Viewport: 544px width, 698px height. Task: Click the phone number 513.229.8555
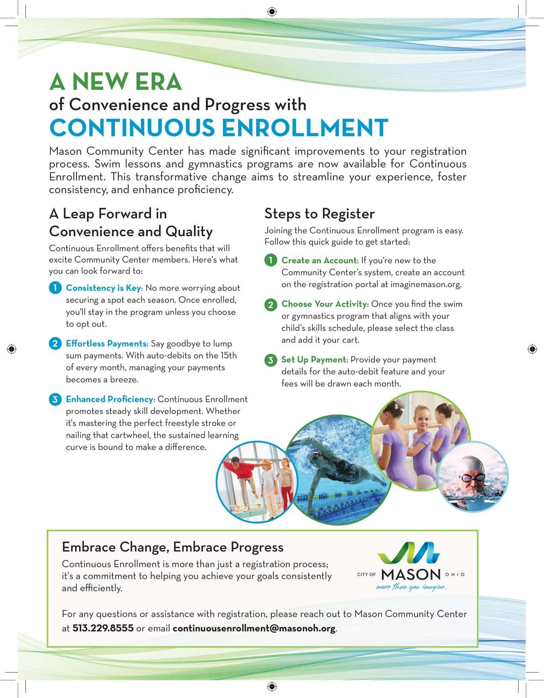pyautogui.click(x=103, y=628)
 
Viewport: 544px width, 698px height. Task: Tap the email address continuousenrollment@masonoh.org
pyautogui.click(x=254, y=628)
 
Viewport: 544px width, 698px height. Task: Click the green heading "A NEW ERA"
pyautogui.click(x=115, y=82)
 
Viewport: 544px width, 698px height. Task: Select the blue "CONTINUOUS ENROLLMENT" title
pyautogui.click(x=219, y=127)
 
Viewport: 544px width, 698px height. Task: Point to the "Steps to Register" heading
pyautogui.click(x=319, y=213)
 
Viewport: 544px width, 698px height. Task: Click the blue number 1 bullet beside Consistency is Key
pyautogui.click(x=55, y=288)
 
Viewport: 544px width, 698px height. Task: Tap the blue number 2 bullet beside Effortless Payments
pyautogui.click(x=55, y=343)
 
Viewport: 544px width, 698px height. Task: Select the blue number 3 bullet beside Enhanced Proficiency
pyautogui.click(x=55, y=399)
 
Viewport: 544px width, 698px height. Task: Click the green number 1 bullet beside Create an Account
pyautogui.click(x=271, y=260)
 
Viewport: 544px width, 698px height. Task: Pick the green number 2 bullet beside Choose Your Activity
pyautogui.click(x=271, y=305)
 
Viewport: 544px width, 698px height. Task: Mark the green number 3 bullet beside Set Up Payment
pyautogui.click(x=271, y=360)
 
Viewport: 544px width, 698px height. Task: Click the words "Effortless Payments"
pyautogui.click(x=106, y=343)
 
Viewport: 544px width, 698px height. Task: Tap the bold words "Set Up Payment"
pyautogui.click(x=313, y=360)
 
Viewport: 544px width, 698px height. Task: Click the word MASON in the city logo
pyautogui.click(x=411, y=574)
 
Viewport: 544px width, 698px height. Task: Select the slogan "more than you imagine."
pyautogui.click(x=411, y=587)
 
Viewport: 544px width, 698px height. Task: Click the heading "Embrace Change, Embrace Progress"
pyautogui.click(x=173, y=547)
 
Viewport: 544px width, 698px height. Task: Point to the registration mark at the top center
pyautogui.click(x=272, y=12)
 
